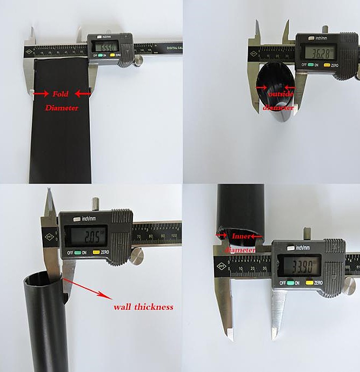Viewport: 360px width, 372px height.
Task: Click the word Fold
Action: click(61, 94)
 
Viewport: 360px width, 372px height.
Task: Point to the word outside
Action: click(281, 94)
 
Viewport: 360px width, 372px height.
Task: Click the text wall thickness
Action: click(143, 307)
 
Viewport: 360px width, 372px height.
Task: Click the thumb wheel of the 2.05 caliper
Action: click(136, 256)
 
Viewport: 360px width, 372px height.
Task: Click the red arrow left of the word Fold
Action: click(41, 93)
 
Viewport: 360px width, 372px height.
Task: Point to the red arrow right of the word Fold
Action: click(83, 93)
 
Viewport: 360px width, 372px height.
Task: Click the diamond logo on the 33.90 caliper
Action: click(222, 266)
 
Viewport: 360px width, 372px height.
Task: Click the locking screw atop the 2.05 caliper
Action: click(95, 205)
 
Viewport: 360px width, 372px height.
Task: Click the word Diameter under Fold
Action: click(62, 107)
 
